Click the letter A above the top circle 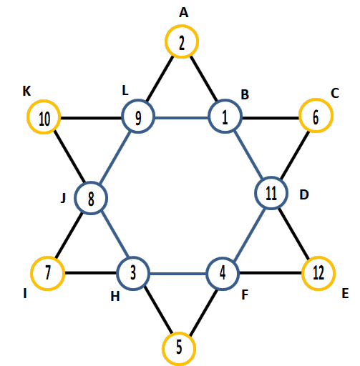coord(184,13)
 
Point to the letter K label coord(26,91)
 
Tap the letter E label coord(345,293)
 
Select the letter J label coord(63,198)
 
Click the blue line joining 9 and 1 coord(182,117)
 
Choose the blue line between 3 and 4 coord(178,274)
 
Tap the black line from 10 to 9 coord(91,118)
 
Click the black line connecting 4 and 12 coord(271,273)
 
